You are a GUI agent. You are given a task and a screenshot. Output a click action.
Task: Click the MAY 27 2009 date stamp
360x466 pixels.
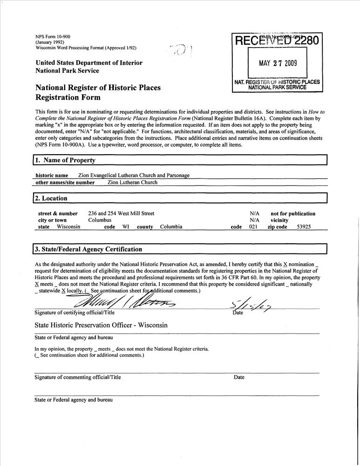[278, 63]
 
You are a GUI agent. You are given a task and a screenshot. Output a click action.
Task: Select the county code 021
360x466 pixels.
[253, 227]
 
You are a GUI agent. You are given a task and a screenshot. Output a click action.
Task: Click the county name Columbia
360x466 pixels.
[171, 227]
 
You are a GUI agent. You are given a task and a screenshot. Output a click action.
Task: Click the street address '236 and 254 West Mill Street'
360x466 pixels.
[121, 213]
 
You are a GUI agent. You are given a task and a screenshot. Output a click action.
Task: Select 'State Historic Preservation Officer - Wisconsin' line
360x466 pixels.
[101, 325]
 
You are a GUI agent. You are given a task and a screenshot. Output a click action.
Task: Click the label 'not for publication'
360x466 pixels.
[293, 213]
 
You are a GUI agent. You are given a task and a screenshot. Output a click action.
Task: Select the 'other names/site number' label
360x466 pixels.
[65, 183]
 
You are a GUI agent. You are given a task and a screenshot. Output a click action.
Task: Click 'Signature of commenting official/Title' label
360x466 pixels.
[77, 377]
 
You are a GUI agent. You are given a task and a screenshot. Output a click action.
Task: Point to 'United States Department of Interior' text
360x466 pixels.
[89, 63]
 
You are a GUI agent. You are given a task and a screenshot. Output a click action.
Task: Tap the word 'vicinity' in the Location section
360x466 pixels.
[279, 220]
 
